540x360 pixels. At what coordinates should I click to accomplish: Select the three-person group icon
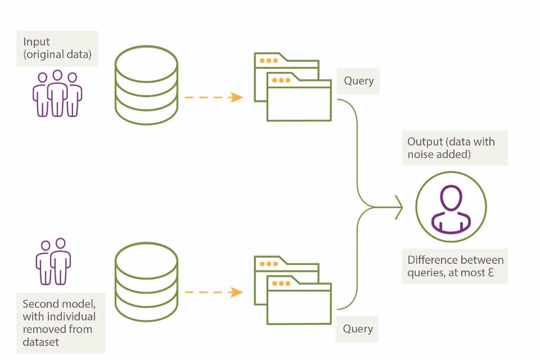pyautogui.click(x=57, y=93)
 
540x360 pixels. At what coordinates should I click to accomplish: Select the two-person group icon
pyautogui.click(x=53, y=262)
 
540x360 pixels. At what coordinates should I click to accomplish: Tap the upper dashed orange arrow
pyautogui.click(x=214, y=97)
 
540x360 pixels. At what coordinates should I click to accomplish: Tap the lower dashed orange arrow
pyautogui.click(x=214, y=292)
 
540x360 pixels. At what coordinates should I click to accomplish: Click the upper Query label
pyautogui.click(x=358, y=81)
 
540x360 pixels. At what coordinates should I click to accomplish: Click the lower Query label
pyautogui.click(x=358, y=328)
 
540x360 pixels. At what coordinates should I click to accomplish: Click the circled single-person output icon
pyautogui.click(x=451, y=207)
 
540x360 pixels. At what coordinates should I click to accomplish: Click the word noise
pyautogui.click(x=421, y=154)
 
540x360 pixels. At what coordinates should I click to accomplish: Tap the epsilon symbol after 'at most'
pyautogui.click(x=497, y=274)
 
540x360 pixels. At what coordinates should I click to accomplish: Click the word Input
pyautogui.click(x=37, y=42)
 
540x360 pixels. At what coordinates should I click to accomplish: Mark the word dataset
pyautogui.click(x=41, y=341)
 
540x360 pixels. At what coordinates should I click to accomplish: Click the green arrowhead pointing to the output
pyautogui.click(x=399, y=208)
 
